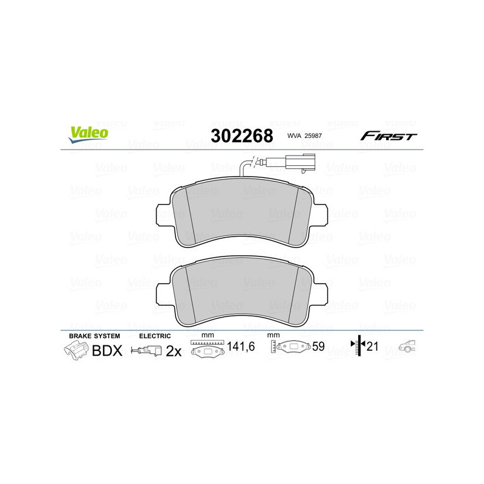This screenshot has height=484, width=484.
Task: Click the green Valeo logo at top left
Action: (88, 134)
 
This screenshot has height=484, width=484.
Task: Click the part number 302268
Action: (241, 136)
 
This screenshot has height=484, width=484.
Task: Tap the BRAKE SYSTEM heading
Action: (94, 336)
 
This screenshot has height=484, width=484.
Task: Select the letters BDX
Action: (107, 350)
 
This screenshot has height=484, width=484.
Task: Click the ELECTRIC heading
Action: (155, 336)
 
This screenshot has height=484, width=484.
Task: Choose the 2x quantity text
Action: (174, 350)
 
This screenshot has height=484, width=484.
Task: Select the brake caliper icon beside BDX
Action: (75, 350)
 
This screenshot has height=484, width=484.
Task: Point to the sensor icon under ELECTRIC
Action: (148, 350)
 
